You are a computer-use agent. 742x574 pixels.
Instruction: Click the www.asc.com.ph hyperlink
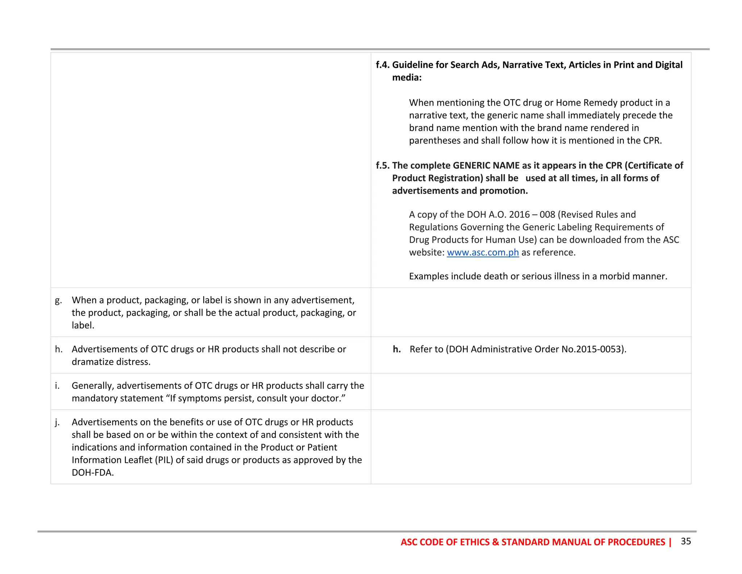(483, 253)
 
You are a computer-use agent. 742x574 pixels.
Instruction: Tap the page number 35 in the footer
(686, 541)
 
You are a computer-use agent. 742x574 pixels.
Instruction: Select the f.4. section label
(383, 65)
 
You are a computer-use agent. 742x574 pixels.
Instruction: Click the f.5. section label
(383, 165)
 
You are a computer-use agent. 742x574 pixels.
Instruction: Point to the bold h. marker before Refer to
(397, 349)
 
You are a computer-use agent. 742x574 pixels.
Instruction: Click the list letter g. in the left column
(58, 300)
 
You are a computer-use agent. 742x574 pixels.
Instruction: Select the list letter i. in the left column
(57, 386)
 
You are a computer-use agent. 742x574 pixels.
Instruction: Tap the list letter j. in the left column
(57, 422)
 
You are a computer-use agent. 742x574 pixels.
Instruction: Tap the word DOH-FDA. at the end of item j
(93, 473)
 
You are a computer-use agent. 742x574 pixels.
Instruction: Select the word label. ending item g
(83, 325)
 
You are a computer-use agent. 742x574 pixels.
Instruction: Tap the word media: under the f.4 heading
(407, 78)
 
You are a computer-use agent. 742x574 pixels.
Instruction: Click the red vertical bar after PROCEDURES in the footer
(670, 542)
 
